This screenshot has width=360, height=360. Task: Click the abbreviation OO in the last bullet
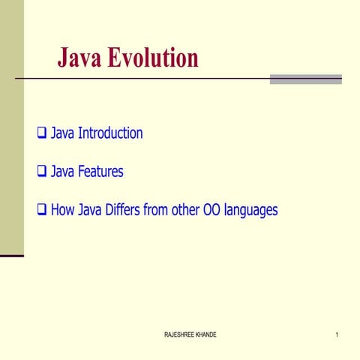[211, 210]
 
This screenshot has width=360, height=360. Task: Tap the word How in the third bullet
[63, 210]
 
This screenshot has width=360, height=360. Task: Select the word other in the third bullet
[184, 210]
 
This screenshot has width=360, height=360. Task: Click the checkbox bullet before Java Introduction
[42, 134]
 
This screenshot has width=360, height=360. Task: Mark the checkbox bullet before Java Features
[42, 172]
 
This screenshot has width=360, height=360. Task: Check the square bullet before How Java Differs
[42, 211]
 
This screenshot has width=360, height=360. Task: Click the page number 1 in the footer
[337, 334]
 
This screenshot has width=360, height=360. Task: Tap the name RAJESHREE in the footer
[178, 334]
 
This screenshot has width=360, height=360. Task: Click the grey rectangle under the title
[305, 79]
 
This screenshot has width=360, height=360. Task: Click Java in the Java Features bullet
[62, 172]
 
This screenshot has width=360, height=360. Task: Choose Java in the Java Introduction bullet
[62, 133]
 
